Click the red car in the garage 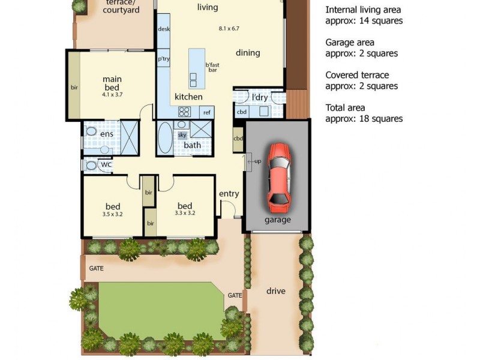click(278, 177)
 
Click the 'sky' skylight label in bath click(182, 135)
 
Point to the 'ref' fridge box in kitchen click(206, 112)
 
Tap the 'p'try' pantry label click(163, 59)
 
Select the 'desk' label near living click(163, 29)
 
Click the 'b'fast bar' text click(211, 68)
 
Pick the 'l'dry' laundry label click(259, 97)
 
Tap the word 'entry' click(229, 193)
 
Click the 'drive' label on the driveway click(276, 291)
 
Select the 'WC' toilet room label click(106, 164)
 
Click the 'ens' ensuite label click(106, 134)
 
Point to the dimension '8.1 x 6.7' click(229, 28)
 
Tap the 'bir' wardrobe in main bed click(74, 88)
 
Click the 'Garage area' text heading click(350, 43)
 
